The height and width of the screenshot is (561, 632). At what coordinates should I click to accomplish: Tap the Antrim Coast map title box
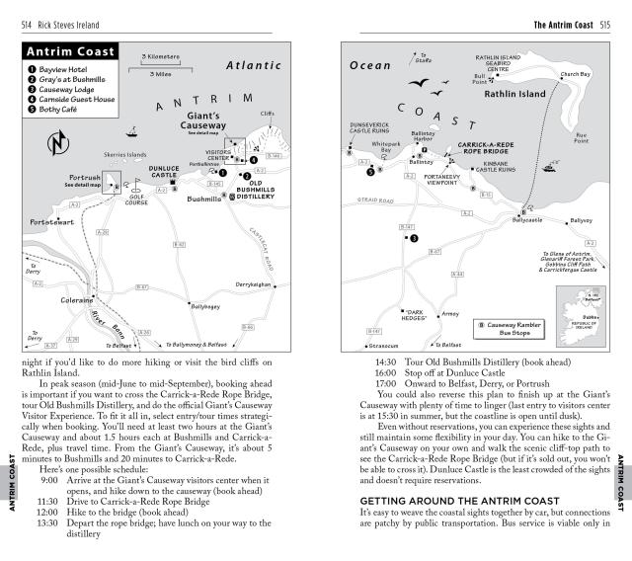pyautogui.click(x=71, y=51)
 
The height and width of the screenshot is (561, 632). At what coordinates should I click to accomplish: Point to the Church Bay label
pyautogui.click(x=575, y=74)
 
